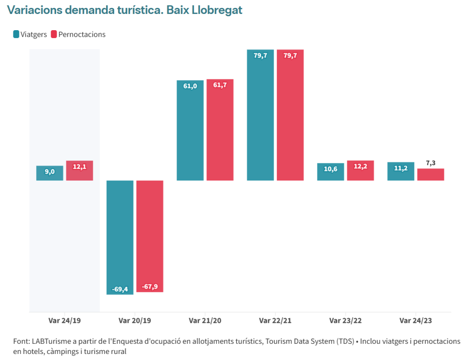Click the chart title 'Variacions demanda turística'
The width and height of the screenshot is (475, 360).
(x=85, y=10)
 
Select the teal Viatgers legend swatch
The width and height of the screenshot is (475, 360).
(x=16, y=34)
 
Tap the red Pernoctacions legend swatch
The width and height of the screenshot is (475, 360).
(x=54, y=34)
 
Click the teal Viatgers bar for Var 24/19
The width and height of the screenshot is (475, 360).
(x=50, y=173)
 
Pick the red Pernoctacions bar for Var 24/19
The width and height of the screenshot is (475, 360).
(x=80, y=171)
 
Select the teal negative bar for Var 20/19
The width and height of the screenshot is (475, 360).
(x=120, y=238)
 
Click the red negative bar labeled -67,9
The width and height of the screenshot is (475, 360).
(x=150, y=236)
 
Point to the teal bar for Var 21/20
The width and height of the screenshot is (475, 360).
(x=190, y=130)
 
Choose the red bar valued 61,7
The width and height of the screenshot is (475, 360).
(x=220, y=130)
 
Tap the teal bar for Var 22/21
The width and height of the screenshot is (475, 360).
(x=260, y=115)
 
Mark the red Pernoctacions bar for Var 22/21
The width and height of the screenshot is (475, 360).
(x=290, y=115)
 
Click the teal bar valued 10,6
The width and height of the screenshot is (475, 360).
(x=330, y=172)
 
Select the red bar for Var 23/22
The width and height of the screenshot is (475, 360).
(x=360, y=171)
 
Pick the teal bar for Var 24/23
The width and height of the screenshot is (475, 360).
(x=401, y=171)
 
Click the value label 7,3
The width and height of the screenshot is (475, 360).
(x=431, y=163)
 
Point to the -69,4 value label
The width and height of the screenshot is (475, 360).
(x=120, y=289)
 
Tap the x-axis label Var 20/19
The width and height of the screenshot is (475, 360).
(x=135, y=321)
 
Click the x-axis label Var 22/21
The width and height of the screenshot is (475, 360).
(x=275, y=321)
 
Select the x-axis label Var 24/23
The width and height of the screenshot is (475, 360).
(x=416, y=321)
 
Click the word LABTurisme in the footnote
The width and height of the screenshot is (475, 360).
(x=51, y=341)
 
